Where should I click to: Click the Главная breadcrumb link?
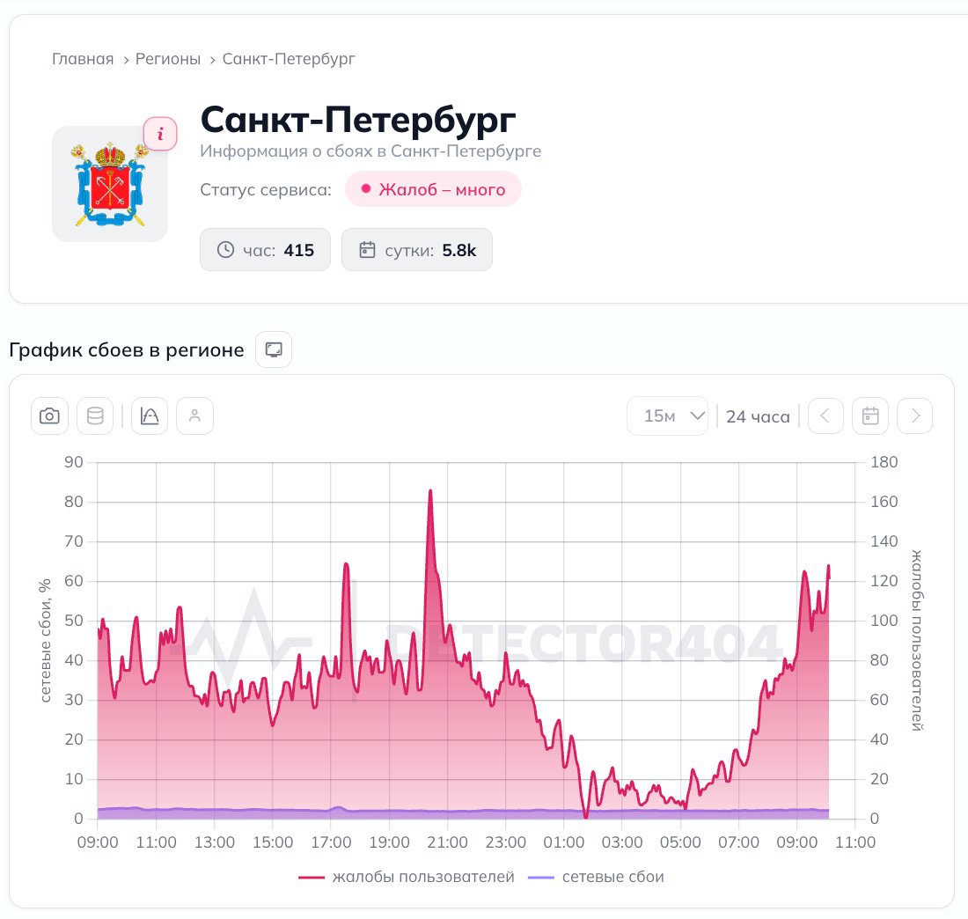point(83,59)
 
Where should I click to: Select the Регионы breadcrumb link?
point(168,59)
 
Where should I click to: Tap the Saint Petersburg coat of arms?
point(110,184)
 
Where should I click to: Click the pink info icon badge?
point(160,134)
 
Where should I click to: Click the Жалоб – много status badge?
point(433,189)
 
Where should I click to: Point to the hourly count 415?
point(299,250)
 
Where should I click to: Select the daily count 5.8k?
point(459,250)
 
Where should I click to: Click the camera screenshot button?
point(49,415)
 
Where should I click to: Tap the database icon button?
point(95,415)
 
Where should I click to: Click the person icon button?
point(195,415)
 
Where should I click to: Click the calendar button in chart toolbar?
point(870,415)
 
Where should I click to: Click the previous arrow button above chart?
point(825,415)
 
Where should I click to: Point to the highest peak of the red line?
point(430,490)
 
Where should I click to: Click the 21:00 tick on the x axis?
point(448,842)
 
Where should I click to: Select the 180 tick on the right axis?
point(884,462)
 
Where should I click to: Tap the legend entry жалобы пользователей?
point(407,877)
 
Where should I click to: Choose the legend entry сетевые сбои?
point(597,877)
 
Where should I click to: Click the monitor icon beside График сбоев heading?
point(274,349)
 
